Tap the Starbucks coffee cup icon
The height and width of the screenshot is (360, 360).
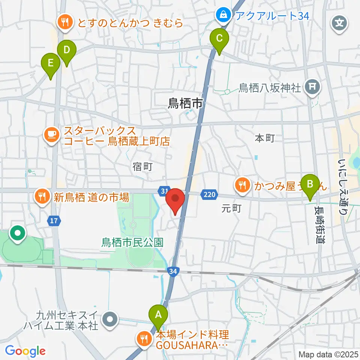pyautogui.click(x=51, y=136)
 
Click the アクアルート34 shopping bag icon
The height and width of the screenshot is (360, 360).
pyautogui.click(x=223, y=16)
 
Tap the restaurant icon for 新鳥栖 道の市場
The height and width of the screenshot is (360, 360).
pyautogui.click(x=42, y=196)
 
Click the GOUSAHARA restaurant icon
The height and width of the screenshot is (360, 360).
pyautogui.click(x=144, y=339)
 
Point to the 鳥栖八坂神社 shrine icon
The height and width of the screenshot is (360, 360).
pyautogui.click(x=312, y=88)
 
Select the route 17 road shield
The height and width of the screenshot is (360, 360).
pyautogui.click(x=54, y=220)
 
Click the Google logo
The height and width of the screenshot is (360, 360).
pyautogui.click(x=25, y=351)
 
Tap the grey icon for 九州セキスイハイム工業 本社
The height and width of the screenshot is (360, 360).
pyautogui.click(x=110, y=320)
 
